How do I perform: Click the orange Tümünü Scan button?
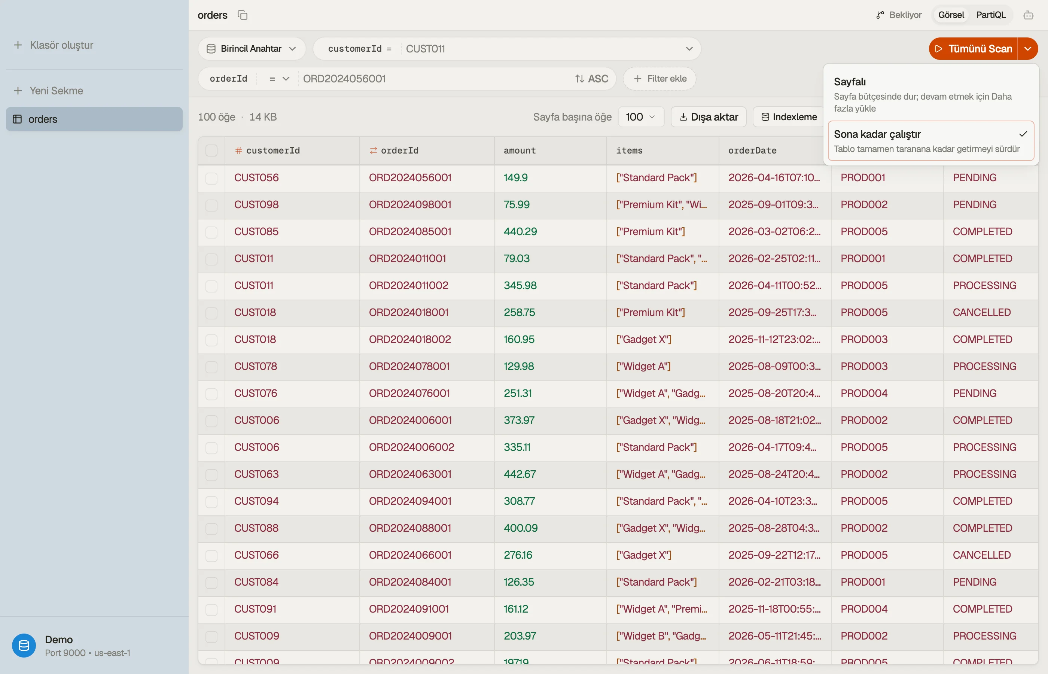[973, 49]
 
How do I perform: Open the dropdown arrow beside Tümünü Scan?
[1028, 49]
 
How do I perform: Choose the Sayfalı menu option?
[931, 94]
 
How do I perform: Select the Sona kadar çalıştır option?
[931, 141]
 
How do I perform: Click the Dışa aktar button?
[709, 117]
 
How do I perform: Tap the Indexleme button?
[789, 117]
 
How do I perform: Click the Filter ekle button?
[659, 79]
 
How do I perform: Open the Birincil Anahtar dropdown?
[252, 49]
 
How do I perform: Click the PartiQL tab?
[991, 15]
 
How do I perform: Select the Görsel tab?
[951, 15]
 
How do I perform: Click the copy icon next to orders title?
[242, 15]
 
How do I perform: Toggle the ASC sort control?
[591, 79]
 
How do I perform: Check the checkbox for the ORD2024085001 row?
[212, 232]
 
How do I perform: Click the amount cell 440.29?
[520, 231]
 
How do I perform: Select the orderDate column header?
[752, 151]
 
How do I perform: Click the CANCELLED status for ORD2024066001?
[981, 555]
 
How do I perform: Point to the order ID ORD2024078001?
[409, 366]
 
